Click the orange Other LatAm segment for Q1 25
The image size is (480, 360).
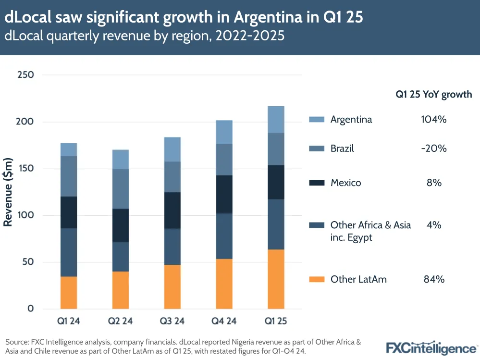click(276, 279)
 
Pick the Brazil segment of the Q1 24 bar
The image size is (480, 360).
click(69, 176)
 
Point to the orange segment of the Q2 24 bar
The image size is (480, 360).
click(121, 290)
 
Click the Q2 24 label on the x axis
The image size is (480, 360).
click(121, 321)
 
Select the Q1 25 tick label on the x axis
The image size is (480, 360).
click(276, 321)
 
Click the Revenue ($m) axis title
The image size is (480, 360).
click(8, 192)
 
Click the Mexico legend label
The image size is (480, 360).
click(345, 183)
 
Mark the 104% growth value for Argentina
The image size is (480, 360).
click(433, 120)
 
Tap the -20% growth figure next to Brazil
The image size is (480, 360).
click(433, 149)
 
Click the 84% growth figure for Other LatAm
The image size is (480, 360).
click(433, 279)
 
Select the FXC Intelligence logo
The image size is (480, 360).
click(431, 347)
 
